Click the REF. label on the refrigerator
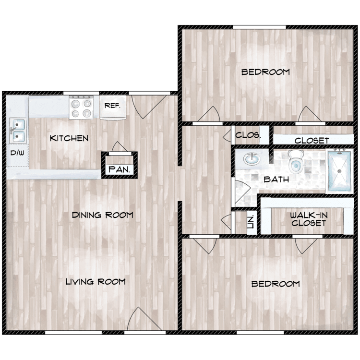point(112,106)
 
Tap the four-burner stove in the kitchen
point(81,108)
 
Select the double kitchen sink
point(17,131)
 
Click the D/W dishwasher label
point(17,153)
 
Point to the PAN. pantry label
point(119,169)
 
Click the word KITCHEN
point(69,138)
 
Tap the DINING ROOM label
point(102,215)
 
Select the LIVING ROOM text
point(96,282)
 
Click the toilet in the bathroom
point(296,161)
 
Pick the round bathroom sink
point(252,159)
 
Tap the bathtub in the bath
point(340,171)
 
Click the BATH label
point(276,180)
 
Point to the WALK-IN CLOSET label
point(309,219)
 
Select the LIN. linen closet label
point(250,221)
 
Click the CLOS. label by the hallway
point(248,135)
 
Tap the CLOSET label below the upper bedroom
point(312,141)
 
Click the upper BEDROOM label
point(265,72)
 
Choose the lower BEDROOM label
point(276,284)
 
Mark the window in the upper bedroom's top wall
point(259,27)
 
